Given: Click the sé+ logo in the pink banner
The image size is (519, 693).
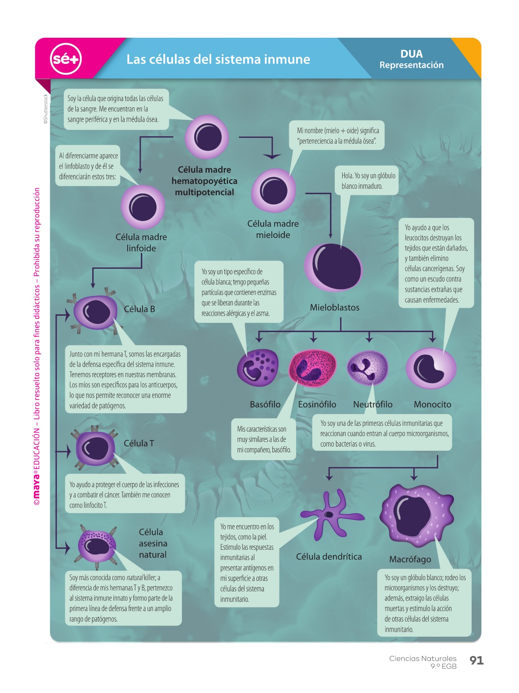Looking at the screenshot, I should click(x=66, y=59).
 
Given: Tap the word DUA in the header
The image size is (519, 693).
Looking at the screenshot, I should click(x=411, y=54).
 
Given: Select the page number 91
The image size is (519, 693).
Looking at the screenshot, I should click(x=476, y=660).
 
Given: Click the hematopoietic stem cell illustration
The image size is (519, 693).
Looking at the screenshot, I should click(x=207, y=137).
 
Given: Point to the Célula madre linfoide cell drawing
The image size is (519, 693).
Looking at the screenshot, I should click(x=143, y=207).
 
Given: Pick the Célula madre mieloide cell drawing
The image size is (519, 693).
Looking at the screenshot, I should click(x=273, y=191).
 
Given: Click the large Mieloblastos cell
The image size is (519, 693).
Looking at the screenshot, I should click(x=333, y=268).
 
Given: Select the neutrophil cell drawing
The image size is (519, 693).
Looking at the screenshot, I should click(x=368, y=368).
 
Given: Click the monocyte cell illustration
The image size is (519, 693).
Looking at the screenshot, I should click(x=431, y=368).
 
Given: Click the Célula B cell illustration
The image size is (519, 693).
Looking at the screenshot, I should click(x=95, y=311).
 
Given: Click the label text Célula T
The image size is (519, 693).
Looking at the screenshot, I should click(x=139, y=444).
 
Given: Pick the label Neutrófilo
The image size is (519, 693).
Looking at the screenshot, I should click(x=373, y=404).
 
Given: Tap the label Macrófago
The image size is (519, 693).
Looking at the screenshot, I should click(x=410, y=559).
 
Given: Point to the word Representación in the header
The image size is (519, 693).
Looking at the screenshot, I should click(x=411, y=65).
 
